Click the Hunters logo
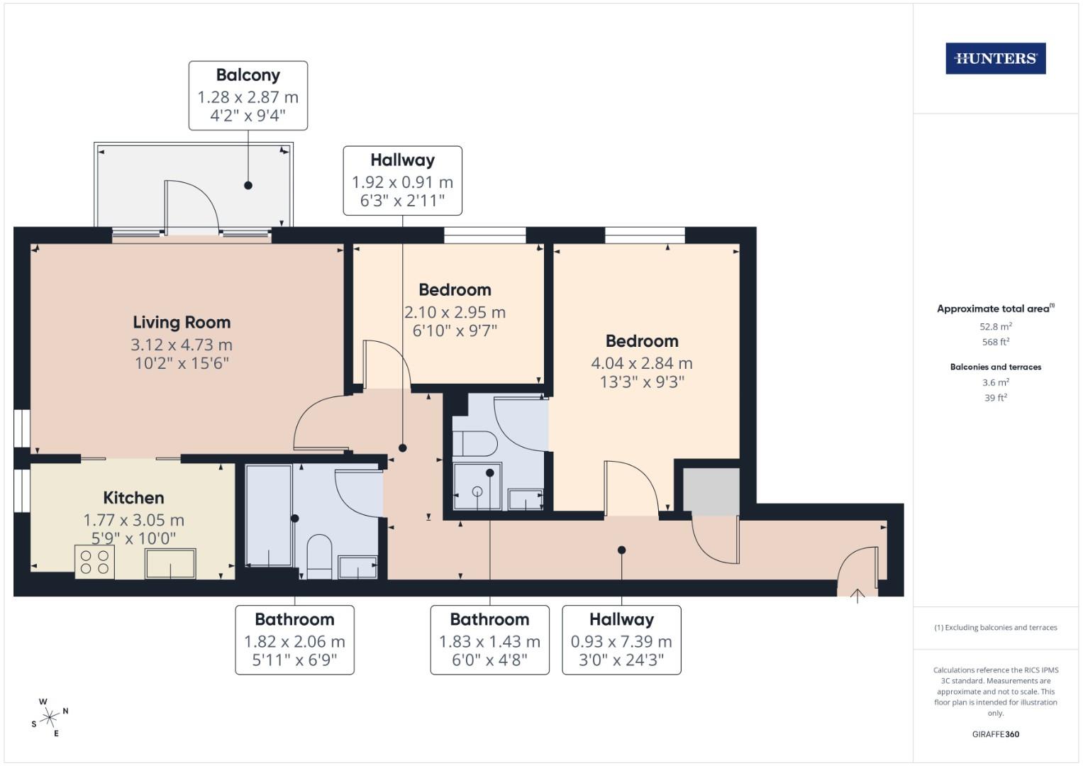click(995, 59)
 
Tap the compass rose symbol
click(50, 717)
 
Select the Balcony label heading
click(248, 75)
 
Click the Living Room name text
click(182, 323)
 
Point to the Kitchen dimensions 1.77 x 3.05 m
click(133, 520)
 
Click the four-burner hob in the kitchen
click(94, 562)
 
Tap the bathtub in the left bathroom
click(268, 515)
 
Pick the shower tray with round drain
click(477, 487)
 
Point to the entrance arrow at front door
click(857, 595)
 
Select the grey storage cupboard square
click(711, 491)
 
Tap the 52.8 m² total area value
click(995, 327)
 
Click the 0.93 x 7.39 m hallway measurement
click(621, 642)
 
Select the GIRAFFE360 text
click(995, 734)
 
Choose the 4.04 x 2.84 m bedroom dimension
click(641, 363)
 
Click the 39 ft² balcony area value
click(995, 398)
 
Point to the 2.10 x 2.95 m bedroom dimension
click(455, 312)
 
